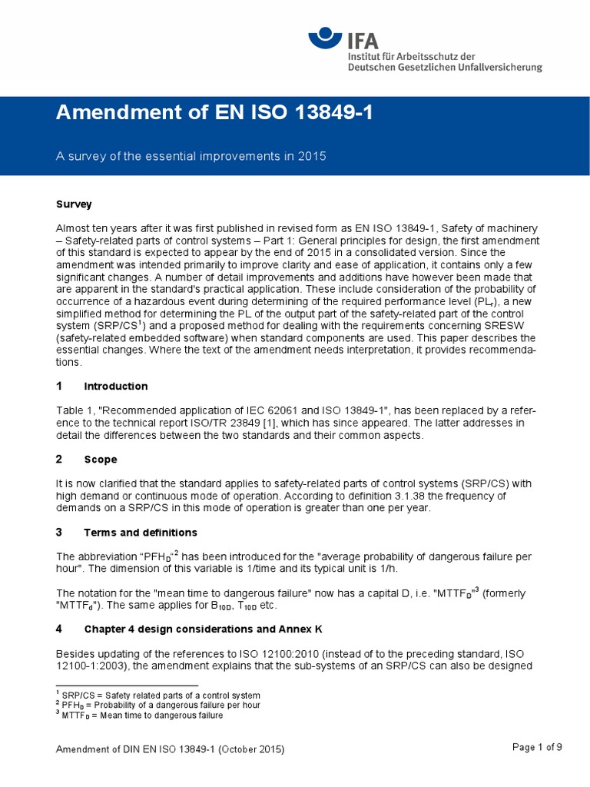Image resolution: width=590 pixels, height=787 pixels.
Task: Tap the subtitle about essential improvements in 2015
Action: click(191, 156)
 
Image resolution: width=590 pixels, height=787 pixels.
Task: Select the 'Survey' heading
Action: click(74, 204)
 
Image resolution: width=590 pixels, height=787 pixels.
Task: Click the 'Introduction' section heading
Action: click(116, 386)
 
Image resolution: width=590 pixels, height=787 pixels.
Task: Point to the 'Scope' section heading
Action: click(101, 459)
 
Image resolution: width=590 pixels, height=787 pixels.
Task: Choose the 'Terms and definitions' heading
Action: click(141, 532)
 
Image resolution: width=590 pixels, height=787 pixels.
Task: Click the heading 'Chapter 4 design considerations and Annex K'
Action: click(203, 629)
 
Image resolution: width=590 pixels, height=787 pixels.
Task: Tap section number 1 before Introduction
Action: click(59, 386)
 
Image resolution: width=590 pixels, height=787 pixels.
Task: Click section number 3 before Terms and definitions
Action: click(59, 532)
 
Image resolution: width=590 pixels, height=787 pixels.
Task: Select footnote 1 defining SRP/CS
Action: click(158, 696)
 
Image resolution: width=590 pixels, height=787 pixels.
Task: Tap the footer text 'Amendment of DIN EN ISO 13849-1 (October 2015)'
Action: click(171, 749)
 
